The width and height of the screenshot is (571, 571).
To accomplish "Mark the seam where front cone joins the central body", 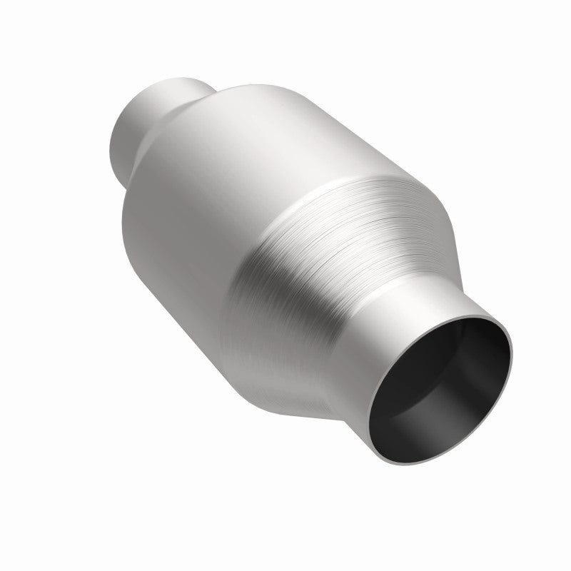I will tap(300, 207).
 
